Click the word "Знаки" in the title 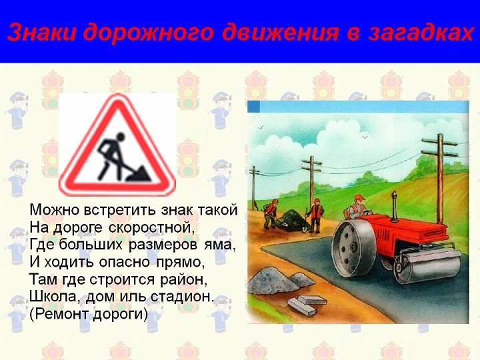point(41,32)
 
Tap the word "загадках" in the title point(421,32)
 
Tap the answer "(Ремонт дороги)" point(89,314)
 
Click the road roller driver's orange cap point(359,197)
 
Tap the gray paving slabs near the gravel point(306,304)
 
